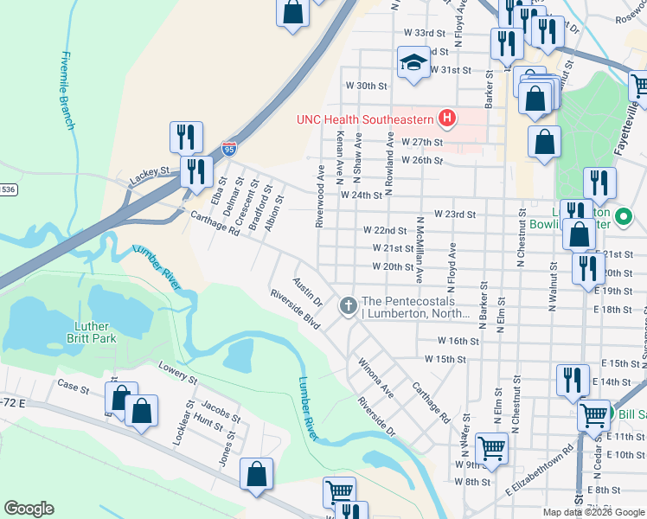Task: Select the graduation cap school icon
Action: click(x=413, y=62)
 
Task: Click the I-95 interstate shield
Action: click(x=228, y=150)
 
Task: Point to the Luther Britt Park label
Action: click(x=92, y=332)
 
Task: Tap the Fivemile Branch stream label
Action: click(x=68, y=91)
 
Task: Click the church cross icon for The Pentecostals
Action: click(x=349, y=305)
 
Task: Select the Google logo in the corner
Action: click(x=29, y=509)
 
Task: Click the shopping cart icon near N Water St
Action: click(x=490, y=448)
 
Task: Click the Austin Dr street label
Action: click(x=307, y=292)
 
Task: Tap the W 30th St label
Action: click(x=365, y=86)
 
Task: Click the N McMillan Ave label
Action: click(x=420, y=250)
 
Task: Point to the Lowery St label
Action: click(x=177, y=373)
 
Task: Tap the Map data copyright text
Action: click(x=593, y=512)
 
